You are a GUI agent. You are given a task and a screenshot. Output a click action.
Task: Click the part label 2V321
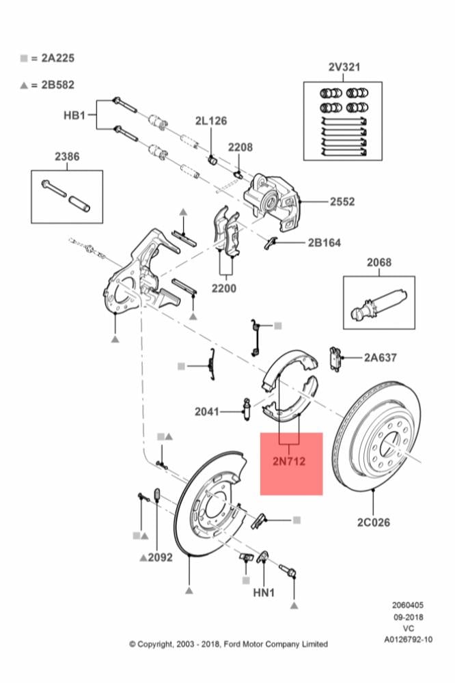coord(344,67)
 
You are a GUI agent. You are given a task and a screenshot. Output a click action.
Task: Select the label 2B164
coord(324,242)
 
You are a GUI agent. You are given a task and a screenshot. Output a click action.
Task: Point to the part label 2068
coord(378,262)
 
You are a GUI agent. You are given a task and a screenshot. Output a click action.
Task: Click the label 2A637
coord(380,357)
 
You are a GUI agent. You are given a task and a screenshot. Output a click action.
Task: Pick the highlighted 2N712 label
coord(291,462)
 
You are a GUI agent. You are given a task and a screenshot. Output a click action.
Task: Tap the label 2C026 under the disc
coord(373,522)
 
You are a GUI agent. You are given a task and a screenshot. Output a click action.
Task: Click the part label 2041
coord(207,411)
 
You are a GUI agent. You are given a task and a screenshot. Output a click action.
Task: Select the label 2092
coord(161,557)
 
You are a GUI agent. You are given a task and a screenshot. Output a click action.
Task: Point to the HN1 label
coord(264,593)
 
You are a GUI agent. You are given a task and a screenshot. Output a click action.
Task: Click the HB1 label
coord(74,116)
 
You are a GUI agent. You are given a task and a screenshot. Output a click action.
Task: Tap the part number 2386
coord(67,156)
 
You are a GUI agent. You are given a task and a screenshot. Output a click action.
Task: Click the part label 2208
coord(240,147)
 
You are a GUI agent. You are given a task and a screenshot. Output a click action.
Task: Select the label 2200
coord(223,288)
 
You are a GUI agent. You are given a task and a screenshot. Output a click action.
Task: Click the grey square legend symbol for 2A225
coord(24,59)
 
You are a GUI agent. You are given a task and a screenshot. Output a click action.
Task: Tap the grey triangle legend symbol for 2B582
coord(24,85)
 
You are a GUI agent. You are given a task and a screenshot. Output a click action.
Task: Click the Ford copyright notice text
coord(228,644)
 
